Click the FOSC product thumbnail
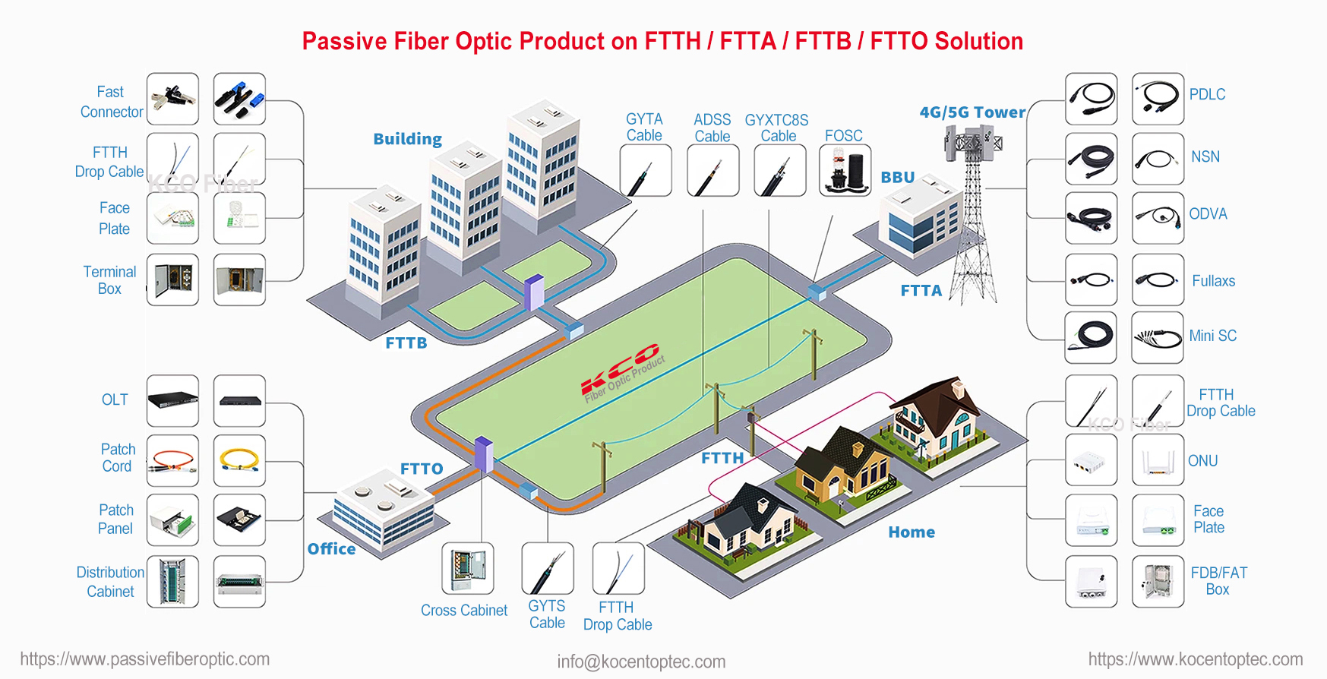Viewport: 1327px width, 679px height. (x=845, y=170)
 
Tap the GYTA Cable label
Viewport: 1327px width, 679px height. (x=644, y=128)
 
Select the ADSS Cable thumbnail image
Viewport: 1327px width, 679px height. (x=712, y=170)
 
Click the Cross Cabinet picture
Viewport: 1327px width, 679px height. (x=468, y=568)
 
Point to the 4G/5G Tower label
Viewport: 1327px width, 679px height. (x=972, y=112)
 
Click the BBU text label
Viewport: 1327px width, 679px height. (x=898, y=177)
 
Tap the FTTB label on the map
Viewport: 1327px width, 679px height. (x=406, y=343)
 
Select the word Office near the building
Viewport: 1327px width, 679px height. (x=331, y=549)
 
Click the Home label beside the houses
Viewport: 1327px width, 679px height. (x=912, y=532)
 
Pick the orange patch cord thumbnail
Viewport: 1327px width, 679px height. (x=172, y=460)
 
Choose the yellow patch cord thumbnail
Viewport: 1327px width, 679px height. (x=239, y=460)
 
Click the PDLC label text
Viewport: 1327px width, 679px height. (x=1207, y=95)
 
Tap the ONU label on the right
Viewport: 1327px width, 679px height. (x=1202, y=461)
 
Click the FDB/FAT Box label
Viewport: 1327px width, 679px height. (x=1218, y=581)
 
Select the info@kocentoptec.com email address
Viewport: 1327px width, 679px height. (x=641, y=662)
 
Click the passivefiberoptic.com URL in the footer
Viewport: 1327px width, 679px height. (x=145, y=659)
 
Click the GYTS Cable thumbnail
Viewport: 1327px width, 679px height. (x=548, y=568)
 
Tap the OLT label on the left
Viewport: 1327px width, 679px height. (x=115, y=400)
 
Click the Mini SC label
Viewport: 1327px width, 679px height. (x=1212, y=336)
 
